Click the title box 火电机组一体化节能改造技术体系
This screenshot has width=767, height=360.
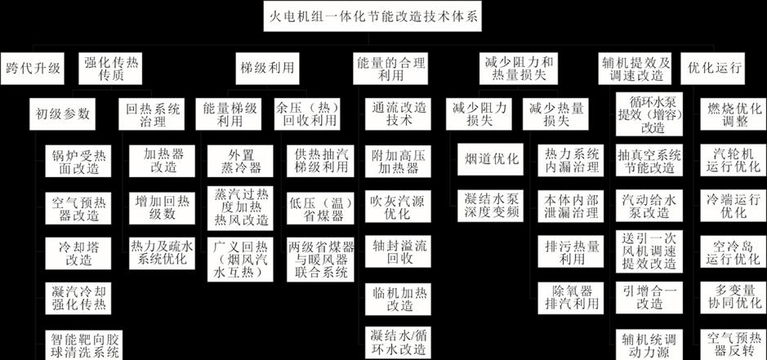point(372,16)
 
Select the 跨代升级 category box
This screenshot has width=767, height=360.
point(33,68)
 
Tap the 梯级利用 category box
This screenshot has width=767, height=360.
point(267,68)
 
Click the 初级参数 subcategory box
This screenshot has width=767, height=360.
point(62,114)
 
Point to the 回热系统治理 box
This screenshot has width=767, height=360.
point(152,114)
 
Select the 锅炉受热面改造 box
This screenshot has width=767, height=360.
point(78,161)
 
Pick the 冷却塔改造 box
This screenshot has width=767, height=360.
point(78,253)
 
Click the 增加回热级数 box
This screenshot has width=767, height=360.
point(162,208)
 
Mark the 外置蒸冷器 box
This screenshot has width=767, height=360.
point(241,161)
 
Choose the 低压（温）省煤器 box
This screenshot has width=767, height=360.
point(320,208)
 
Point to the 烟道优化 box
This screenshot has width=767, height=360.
point(491,159)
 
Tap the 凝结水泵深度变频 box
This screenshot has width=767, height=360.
point(491,206)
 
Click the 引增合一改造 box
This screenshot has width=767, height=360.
point(649,297)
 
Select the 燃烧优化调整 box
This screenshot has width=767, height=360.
point(733,114)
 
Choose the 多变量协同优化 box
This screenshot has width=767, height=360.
point(733,297)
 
